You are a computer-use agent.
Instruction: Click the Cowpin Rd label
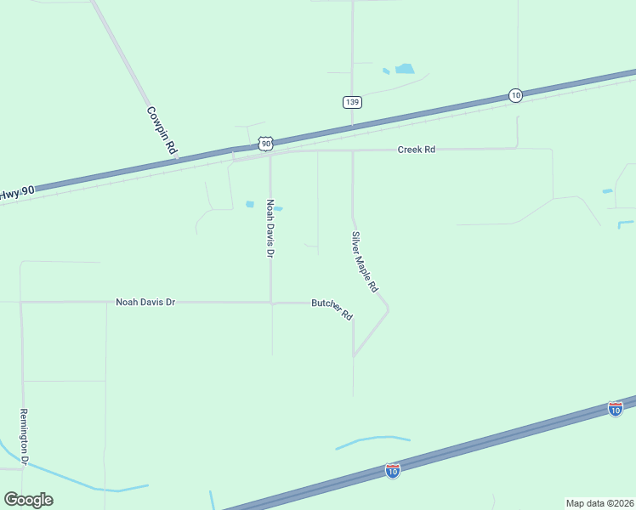coord(162,130)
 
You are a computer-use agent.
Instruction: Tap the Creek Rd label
coord(417,150)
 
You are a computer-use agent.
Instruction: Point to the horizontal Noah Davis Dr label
coord(145,302)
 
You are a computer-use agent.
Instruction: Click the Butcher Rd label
coord(332,308)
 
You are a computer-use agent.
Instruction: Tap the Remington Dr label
coord(24,437)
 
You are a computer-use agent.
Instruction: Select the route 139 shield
coord(353,102)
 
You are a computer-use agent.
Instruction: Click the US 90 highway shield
coord(267,144)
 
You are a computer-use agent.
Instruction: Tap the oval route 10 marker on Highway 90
coord(515,95)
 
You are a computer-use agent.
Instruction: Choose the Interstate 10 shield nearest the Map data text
coord(616,409)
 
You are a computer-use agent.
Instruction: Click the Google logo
coord(28,500)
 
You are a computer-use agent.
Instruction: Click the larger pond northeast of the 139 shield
coord(405,69)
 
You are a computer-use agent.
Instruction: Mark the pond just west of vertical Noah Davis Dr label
coord(250,204)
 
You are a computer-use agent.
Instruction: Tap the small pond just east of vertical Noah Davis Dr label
coord(278,208)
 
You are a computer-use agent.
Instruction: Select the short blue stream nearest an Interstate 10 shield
coord(372,441)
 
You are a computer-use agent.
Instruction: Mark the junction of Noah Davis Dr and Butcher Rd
coord(271,302)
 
